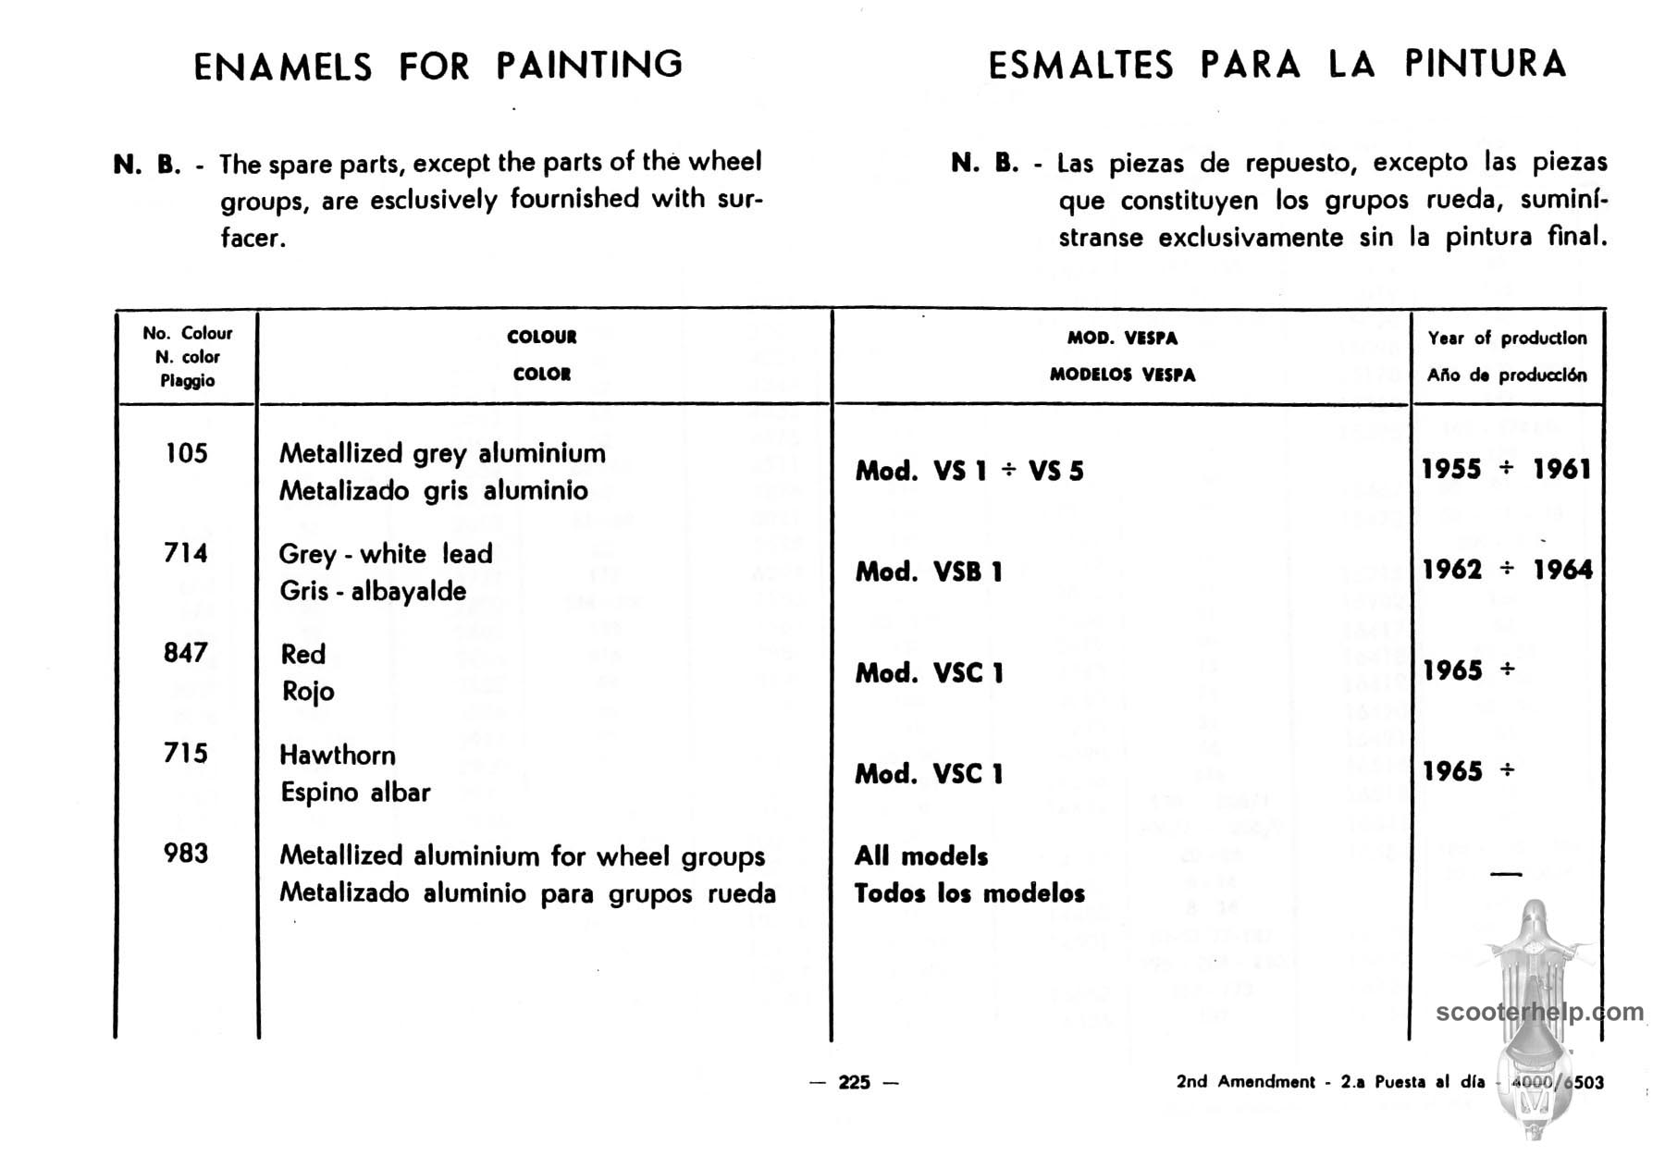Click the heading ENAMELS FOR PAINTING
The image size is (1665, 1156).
438,66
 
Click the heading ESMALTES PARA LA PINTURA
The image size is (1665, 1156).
1276,65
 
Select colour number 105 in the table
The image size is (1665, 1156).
186,453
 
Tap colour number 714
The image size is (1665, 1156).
186,553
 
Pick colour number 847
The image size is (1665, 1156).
186,653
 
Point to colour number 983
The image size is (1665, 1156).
186,853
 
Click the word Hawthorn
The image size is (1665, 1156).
338,755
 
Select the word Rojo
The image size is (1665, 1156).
308,692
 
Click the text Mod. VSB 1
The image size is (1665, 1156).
929,572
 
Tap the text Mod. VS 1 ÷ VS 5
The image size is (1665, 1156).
968,471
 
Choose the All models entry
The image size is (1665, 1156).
921,856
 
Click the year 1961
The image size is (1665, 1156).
1562,469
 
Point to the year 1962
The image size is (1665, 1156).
1452,570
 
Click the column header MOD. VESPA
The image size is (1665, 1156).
1122,338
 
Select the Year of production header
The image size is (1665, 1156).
1507,338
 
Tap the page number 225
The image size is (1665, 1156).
854,1082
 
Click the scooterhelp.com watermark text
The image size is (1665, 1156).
1539,1012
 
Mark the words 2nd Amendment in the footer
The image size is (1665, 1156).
1245,1082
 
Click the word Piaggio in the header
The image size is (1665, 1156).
187,381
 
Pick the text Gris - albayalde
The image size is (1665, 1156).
373,591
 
